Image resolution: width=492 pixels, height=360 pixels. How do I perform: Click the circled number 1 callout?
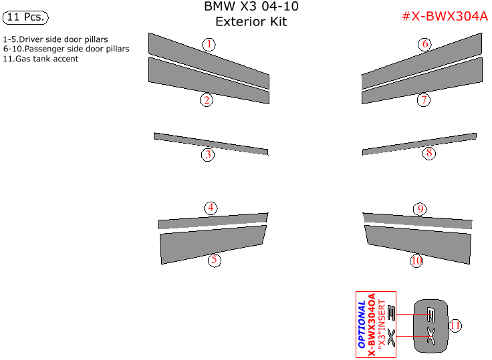[209, 45]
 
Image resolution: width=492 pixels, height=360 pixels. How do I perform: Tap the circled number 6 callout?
[424, 45]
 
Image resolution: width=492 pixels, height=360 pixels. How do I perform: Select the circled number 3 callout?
[209, 155]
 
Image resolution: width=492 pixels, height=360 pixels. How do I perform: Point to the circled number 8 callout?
[429, 154]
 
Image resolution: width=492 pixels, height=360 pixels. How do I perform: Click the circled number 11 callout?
[455, 325]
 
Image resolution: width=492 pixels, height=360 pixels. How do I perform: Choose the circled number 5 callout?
[214, 260]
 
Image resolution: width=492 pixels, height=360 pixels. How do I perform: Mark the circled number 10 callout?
[416, 260]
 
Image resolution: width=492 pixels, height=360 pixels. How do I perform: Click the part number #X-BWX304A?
[444, 17]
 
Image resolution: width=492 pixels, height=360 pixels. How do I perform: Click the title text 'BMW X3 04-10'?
[251, 7]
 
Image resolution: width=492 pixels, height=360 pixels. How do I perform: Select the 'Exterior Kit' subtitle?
[251, 21]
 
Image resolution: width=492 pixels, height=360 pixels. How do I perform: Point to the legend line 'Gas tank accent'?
[41, 59]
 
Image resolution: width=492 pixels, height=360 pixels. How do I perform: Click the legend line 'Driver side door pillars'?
[56, 40]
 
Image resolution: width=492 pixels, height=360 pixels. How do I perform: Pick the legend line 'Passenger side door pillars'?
[66, 49]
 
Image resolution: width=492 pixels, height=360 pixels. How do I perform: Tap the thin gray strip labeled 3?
[211, 143]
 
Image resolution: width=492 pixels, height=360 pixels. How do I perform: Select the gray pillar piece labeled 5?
[212, 244]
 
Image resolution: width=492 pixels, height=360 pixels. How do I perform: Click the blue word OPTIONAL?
[362, 325]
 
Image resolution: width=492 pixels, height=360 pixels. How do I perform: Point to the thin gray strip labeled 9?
[418, 221]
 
